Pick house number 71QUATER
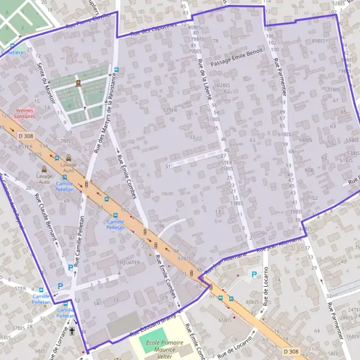[x=128, y=262]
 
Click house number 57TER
[x=170, y=110]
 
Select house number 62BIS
[x=224, y=86]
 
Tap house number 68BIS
[x=306, y=140]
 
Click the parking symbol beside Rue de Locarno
[x=254, y=274]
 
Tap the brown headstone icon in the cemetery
[x=78, y=83]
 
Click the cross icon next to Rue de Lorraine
[x=73, y=331]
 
